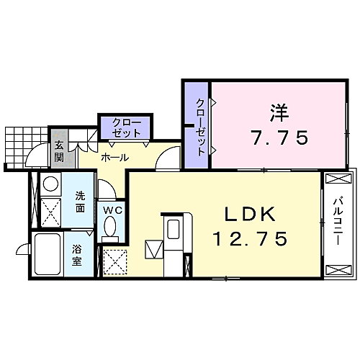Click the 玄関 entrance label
[x=59, y=151]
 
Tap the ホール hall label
[x=115, y=158]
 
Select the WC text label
[x=113, y=210]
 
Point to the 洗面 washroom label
[x=80, y=202]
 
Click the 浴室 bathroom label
[x=77, y=255]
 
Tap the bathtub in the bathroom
[x=48, y=254]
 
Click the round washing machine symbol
[x=50, y=184]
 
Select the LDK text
[x=250, y=215]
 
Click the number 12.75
[x=251, y=239]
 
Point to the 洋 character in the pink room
[x=279, y=113]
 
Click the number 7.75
[x=279, y=138]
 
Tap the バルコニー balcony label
[x=337, y=221]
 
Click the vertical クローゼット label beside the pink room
[x=200, y=127]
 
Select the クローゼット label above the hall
[x=126, y=127]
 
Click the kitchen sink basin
[x=173, y=229]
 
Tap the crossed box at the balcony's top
[x=338, y=179]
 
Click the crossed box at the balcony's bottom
[x=338, y=270]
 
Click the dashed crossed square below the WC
[x=115, y=262]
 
